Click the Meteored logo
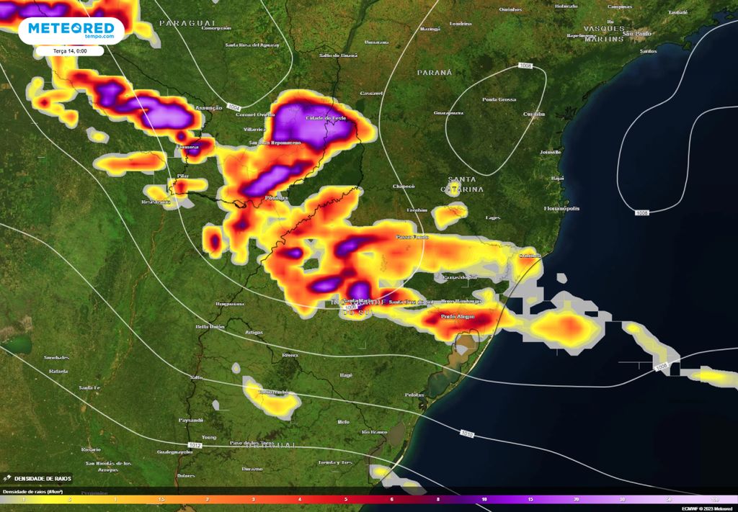point(71,30)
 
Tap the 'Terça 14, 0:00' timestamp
point(69,51)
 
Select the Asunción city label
point(208,108)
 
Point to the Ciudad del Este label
point(328,118)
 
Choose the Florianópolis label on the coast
point(562,208)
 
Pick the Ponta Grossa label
point(499,99)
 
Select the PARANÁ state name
point(434,73)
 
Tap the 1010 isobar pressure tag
point(467,433)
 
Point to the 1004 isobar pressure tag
point(234,107)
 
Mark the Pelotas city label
point(414,395)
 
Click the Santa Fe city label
point(89,388)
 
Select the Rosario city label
point(91,449)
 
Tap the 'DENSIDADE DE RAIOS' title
point(40,479)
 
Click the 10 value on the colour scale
point(484,498)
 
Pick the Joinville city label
point(550,153)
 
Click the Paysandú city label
point(190,420)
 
